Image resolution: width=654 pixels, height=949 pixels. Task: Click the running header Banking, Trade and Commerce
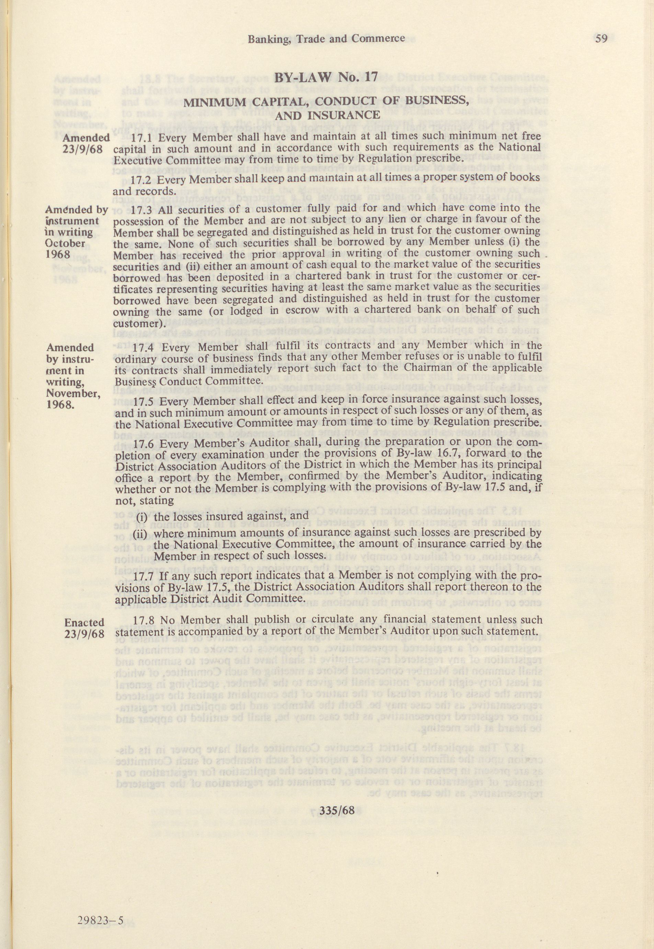point(326,38)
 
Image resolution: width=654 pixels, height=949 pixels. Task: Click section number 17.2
point(143,180)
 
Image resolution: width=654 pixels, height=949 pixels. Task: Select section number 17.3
point(143,210)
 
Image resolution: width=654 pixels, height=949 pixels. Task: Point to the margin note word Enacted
point(84,622)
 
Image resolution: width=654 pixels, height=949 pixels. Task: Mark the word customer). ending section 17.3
point(139,323)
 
